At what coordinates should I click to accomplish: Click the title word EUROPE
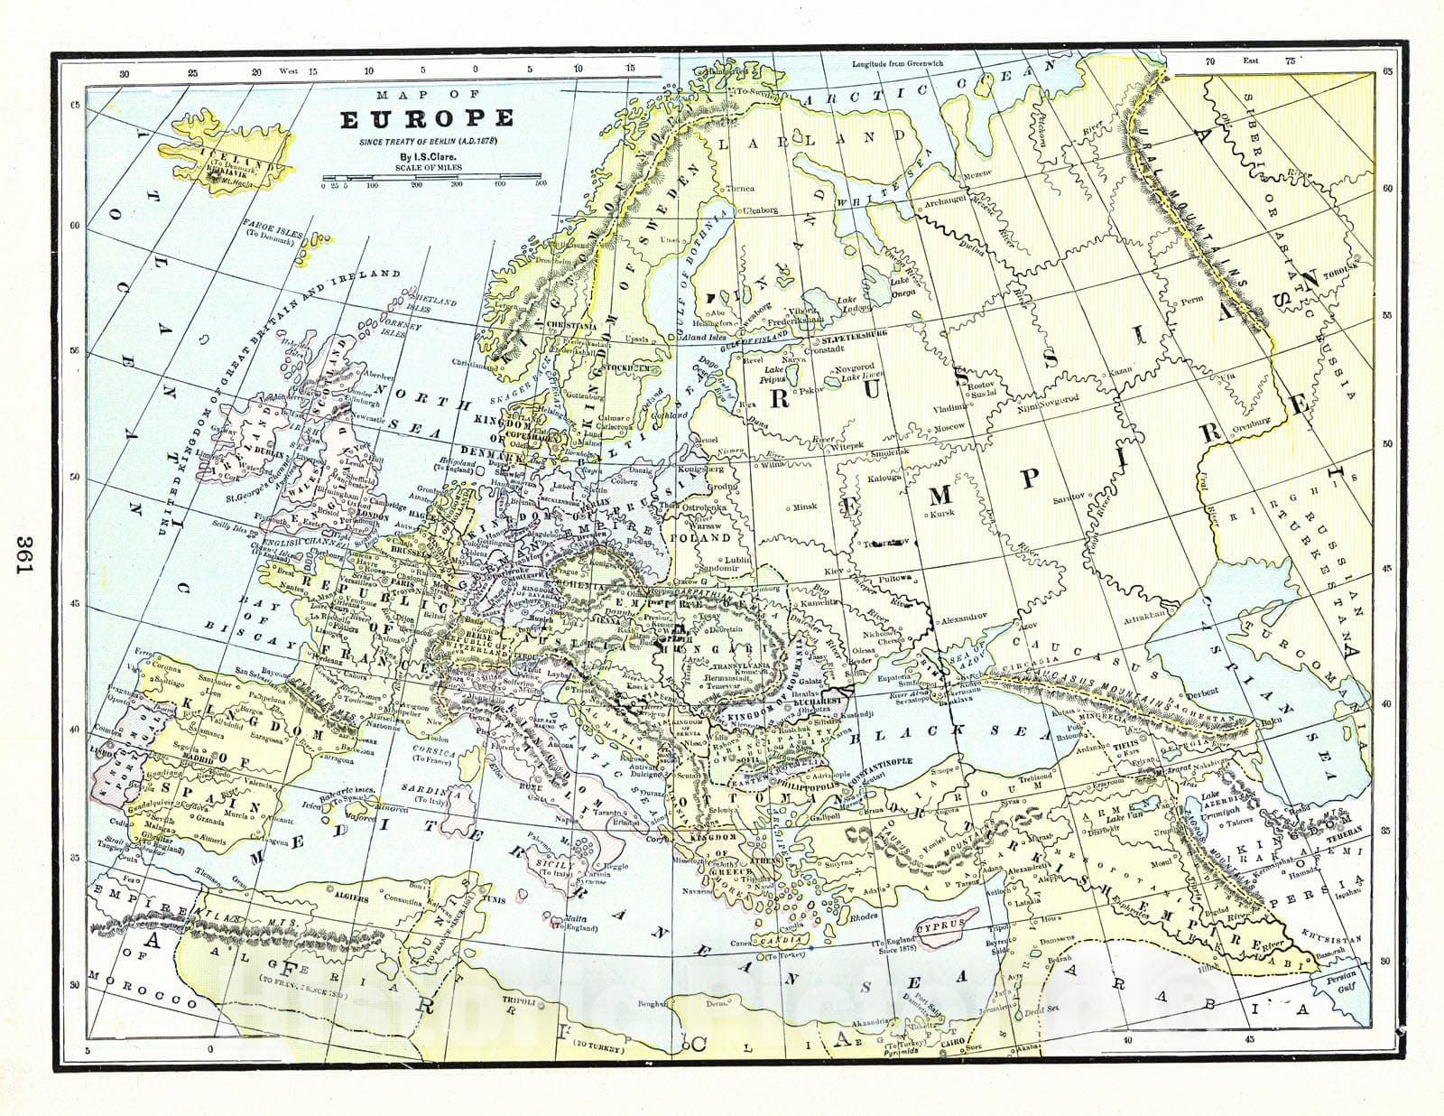pyautogui.click(x=427, y=119)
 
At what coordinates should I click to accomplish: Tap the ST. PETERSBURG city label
pyautogui.click(x=854, y=334)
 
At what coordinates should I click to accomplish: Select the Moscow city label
pyautogui.click(x=948, y=426)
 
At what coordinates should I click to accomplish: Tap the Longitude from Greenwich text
pyautogui.click(x=897, y=64)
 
